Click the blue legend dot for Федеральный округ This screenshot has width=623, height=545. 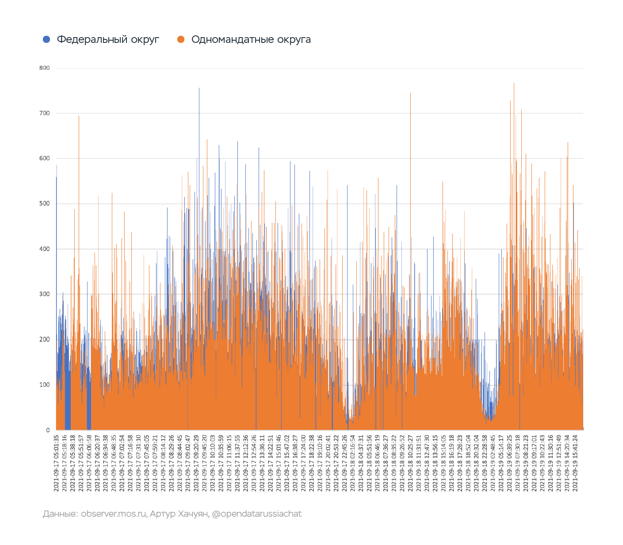(x=46, y=39)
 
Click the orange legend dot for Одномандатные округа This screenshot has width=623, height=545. (x=181, y=39)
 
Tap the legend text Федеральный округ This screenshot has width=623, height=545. (x=108, y=39)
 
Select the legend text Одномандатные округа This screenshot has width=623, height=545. (x=251, y=39)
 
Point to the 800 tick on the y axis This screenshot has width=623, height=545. (x=45, y=68)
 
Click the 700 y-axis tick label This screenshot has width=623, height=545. (x=45, y=113)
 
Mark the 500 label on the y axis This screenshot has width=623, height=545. (x=45, y=204)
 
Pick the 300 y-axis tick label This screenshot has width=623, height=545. (x=45, y=294)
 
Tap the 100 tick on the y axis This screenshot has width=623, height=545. (x=45, y=385)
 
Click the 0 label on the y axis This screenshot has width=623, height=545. (x=48, y=430)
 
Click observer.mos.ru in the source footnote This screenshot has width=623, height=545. (x=114, y=514)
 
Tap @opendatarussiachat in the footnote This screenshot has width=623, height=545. (x=257, y=514)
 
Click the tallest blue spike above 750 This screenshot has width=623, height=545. (x=199, y=183)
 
